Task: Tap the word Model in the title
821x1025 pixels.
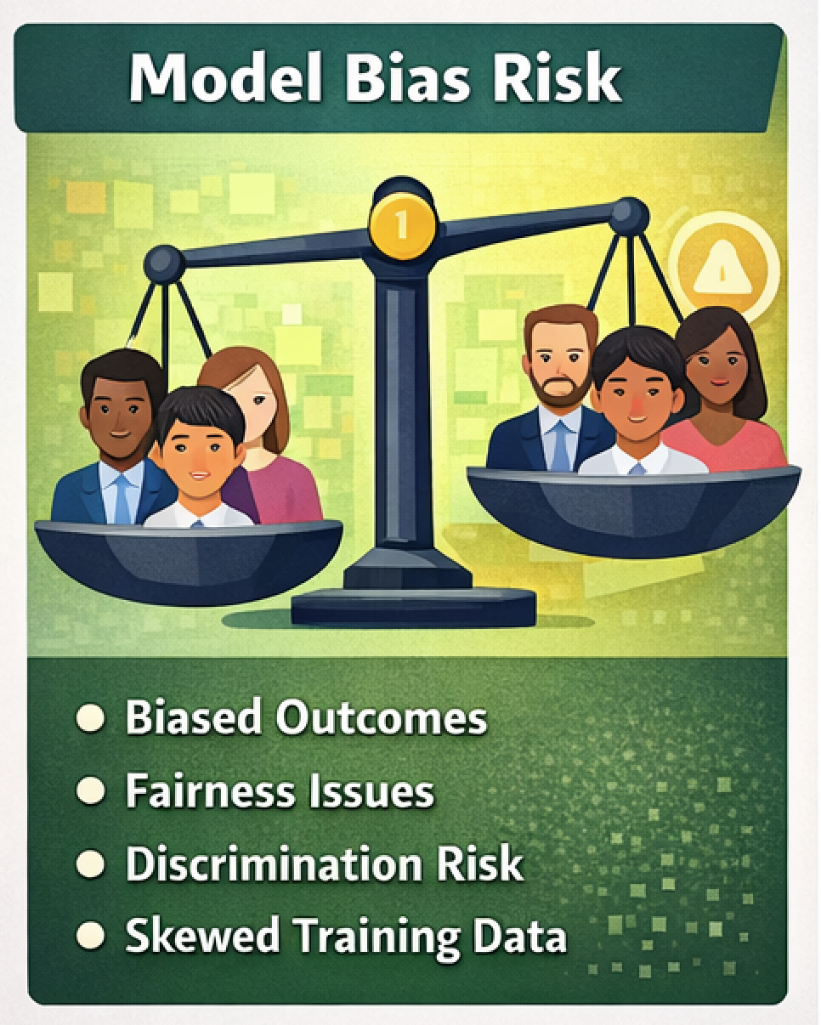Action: [226, 79]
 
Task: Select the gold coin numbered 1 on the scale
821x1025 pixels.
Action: [401, 225]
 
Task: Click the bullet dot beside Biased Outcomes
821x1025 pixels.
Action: [89, 718]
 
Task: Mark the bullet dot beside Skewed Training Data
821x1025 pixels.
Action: [89, 936]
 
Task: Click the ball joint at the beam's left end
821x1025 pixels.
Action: [164, 263]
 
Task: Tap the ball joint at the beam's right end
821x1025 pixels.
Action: [629, 216]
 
